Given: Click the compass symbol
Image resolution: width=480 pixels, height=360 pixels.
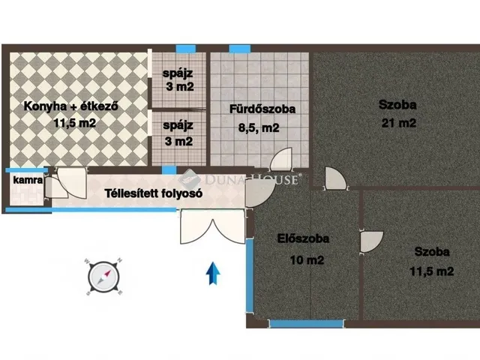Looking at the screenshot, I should [x=103, y=274].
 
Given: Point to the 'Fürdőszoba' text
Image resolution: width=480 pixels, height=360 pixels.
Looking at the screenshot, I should [x=262, y=109].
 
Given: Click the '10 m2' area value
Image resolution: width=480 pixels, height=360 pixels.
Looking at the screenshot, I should [x=307, y=260].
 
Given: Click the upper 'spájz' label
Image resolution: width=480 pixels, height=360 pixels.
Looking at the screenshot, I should [x=178, y=73].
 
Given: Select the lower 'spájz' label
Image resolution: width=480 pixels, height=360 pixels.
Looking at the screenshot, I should [x=178, y=125].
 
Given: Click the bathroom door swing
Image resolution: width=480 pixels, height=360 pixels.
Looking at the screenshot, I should [x=281, y=160].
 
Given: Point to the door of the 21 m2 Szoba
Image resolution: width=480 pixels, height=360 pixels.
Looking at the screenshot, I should [x=334, y=180].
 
